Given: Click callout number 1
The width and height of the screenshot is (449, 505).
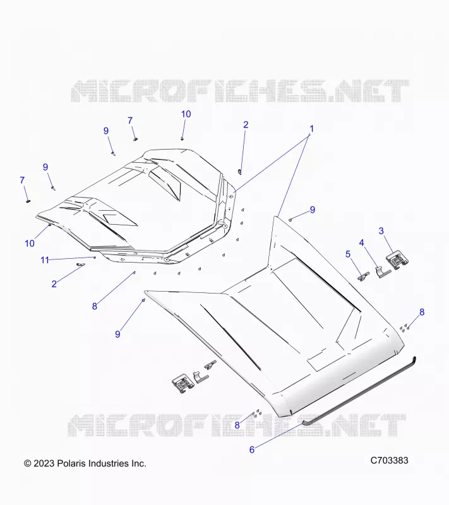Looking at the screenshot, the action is (x=311, y=129).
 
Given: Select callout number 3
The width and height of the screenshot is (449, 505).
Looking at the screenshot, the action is (x=381, y=231).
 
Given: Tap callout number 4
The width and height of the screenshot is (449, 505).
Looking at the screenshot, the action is (x=362, y=243).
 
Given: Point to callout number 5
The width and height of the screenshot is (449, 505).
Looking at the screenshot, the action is (x=348, y=254).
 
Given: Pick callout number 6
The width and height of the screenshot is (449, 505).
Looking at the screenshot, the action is (x=252, y=449).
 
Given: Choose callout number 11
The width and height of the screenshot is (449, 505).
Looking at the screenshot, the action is (x=45, y=260).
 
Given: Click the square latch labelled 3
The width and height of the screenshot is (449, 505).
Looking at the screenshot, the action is (x=397, y=259).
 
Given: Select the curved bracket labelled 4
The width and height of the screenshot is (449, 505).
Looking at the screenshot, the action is (x=383, y=273).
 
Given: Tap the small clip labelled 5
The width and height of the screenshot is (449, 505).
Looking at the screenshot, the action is (x=364, y=277).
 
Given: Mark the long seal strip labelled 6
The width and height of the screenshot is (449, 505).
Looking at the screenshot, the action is (x=359, y=391).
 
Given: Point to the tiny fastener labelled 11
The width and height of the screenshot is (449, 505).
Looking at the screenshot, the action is (x=94, y=258).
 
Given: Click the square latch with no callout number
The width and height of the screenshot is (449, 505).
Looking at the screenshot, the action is (x=183, y=384).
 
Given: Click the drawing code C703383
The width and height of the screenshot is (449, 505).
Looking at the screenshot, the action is (x=389, y=461).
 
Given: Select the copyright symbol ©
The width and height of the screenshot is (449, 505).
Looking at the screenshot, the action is (x=28, y=463).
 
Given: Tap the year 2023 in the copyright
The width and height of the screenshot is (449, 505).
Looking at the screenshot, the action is (x=44, y=463).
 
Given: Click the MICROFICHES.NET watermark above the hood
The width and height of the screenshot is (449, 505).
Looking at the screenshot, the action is (x=240, y=91).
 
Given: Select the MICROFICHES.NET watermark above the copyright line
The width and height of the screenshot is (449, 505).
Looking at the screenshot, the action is (x=237, y=425).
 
